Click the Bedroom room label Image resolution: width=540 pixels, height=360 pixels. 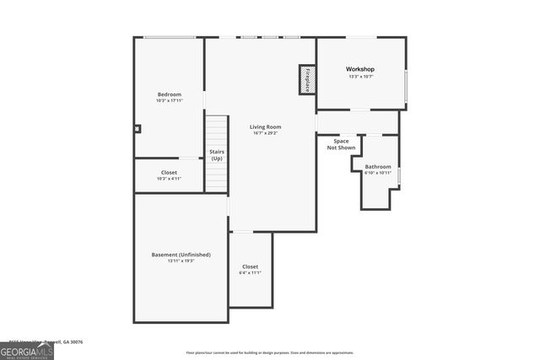click(x=169, y=94)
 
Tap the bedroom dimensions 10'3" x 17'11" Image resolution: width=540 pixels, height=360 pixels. click(x=169, y=100)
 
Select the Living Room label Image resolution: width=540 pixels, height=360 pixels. click(x=265, y=126)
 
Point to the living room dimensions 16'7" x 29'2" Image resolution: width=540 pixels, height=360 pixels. click(x=265, y=133)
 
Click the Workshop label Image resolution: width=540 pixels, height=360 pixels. click(x=360, y=69)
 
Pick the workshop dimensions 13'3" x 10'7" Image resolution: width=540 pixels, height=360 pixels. click(x=360, y=77)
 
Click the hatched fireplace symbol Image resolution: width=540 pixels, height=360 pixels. click(x=306, y=80)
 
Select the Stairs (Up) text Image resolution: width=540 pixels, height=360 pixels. click(x=217, y=155)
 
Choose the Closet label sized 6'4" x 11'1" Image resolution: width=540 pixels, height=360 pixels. click(x=251, y=266)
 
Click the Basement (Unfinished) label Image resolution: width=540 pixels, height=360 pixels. click(x=181, y=255)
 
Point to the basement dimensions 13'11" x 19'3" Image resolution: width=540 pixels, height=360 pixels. click(x=181, y=261)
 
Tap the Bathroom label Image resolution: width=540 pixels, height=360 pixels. click(x=377, y=167)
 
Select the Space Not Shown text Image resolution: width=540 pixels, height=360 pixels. click(x=342, y=144)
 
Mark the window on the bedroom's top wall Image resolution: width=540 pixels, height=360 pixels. click(x=169, y=37)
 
